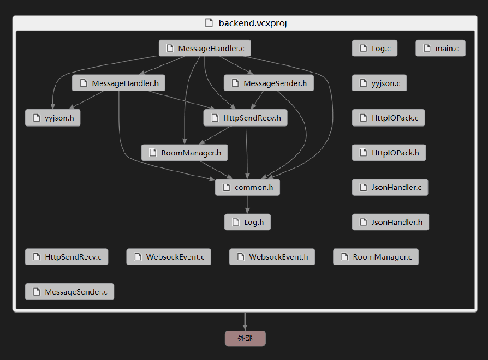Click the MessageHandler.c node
point(205,49)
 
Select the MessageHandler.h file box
point(118,83)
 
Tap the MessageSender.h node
point(269,83)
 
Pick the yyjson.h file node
point(52,118)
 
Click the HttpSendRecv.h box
point(245,118)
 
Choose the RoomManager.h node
point(184,153)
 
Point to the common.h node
point(247,187)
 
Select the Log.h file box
point(247,222)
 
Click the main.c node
point(440,49)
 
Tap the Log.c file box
point(374,49)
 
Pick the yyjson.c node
point(379,83)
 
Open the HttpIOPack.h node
point(389,153)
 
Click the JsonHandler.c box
point(390,188)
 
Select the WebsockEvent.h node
point(272,257)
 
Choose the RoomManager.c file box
point(376,257)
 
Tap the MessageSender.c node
point(69,292)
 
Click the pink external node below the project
point(245,339)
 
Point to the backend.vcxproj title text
point(252,23)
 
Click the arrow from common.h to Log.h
point(247,205)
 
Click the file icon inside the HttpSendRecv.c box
point(37,257)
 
